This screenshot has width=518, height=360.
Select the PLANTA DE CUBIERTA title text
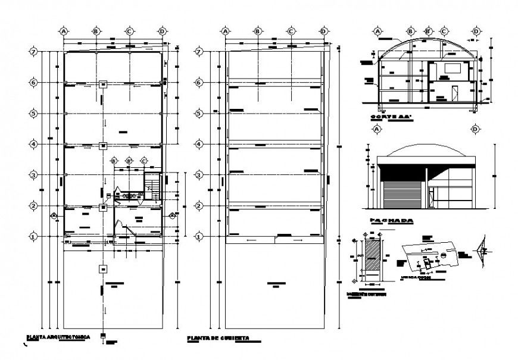click(217, 339)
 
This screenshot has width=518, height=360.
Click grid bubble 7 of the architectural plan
click(34, 52)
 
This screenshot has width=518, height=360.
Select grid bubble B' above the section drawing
click(427, 31)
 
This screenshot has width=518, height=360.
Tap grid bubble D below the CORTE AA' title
click(476, 129)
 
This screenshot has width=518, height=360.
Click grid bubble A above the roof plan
click(225, 31)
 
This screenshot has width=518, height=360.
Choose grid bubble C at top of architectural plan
click(129, 31)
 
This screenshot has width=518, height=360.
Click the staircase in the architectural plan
click(153, 187)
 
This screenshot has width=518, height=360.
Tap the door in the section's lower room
click(454, 94)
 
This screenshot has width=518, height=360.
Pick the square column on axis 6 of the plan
click(103, 83)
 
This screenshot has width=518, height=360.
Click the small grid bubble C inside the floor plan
click(144, 161)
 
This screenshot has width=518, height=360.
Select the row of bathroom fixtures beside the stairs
click(130, 195)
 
